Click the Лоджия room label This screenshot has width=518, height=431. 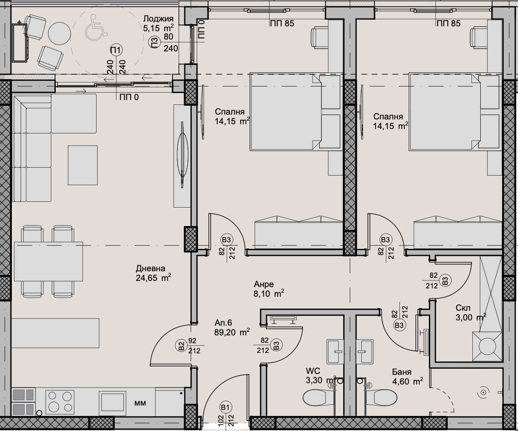(158, 19)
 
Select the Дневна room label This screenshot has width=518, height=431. (150, 268)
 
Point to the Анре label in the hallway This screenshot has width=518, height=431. (264, 284)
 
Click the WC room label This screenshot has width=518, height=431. (313, 372)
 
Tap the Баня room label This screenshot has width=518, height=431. (402, 372)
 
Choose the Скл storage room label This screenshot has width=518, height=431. (463, 308)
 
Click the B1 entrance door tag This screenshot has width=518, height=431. (225, 408)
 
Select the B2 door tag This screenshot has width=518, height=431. (181, 346)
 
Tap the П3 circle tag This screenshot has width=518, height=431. (155, 43)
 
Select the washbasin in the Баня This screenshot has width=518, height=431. (364, 352)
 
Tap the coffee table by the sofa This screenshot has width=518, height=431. (83, 165)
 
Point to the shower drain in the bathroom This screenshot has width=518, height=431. (482, 392)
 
